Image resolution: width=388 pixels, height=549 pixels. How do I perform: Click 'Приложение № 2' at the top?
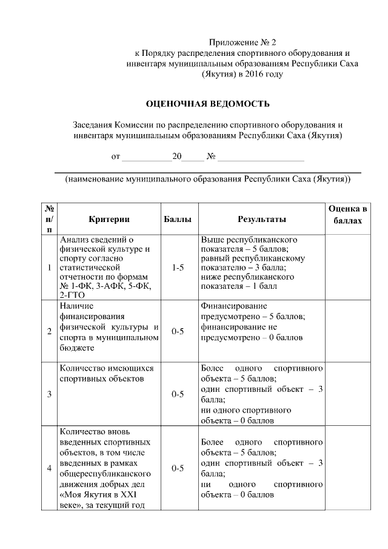(242, 42)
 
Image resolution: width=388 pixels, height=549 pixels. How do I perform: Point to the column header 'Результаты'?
(261, 218)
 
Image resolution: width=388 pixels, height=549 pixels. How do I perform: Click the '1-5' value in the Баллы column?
(178, 267)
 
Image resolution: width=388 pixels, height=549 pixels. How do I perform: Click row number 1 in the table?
(48, 268)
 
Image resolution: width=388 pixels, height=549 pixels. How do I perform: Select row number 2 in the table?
(48, 331)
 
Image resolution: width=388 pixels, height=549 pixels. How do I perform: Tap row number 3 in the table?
(48, 394)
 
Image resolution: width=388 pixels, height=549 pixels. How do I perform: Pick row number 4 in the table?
(48, 468)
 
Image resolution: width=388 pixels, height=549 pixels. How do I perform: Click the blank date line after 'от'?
(147, 157)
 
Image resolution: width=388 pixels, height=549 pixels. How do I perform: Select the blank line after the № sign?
(261, 157)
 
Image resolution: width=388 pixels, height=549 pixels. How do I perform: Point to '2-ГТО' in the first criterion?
(72, 294)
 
